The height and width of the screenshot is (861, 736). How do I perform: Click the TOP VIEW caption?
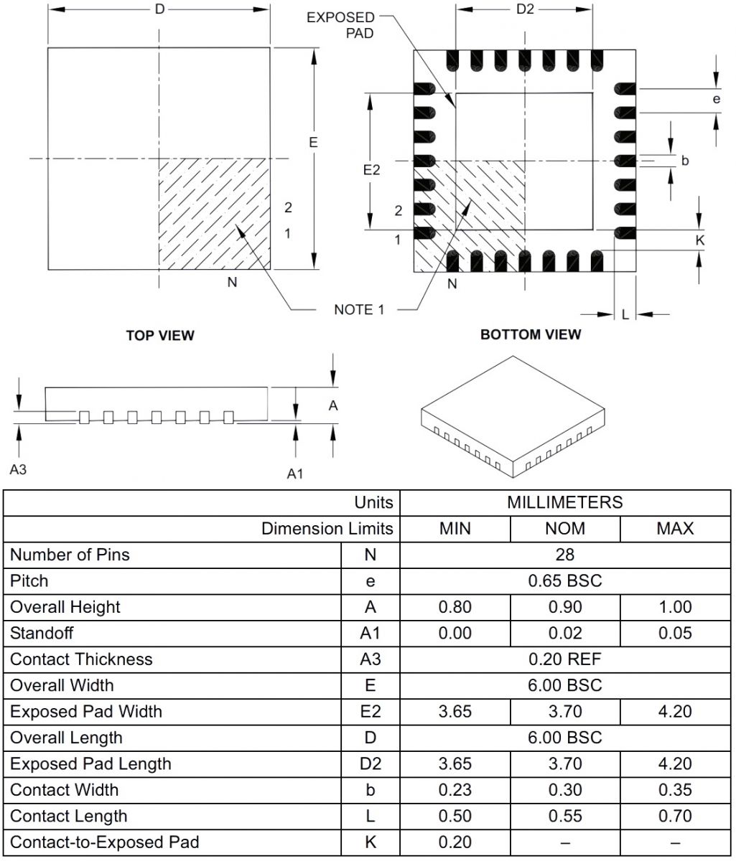[x=160, y=335]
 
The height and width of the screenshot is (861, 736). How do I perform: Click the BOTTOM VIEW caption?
[x=531, y=334]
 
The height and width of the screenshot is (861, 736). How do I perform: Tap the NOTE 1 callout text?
[x=359, y=309]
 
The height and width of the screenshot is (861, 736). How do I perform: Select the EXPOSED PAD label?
[x=340, y=25]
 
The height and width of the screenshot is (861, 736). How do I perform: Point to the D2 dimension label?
[x=526, y=9]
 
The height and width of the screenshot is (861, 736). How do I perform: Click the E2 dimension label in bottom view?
[x=371, y=170]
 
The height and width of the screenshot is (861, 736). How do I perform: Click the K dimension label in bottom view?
[x=700, y=240]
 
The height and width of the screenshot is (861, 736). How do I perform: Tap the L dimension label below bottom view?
[x=625, y=314]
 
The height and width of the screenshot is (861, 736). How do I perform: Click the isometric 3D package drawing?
[x=513, y=416]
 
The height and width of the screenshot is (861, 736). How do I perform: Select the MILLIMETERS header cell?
[x=565, y=502]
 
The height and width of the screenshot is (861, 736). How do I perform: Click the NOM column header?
[x=565, y=529]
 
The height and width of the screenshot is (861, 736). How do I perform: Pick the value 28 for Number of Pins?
[x=565, y=555]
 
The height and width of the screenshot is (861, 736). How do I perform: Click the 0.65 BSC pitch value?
[x=565, y=580]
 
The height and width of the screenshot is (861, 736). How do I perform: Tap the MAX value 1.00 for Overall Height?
[x=675, y=607]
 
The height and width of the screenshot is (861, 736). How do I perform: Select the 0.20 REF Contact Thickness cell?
[x=565, y=659]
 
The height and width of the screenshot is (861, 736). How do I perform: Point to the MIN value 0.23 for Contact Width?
[x=455, y=790]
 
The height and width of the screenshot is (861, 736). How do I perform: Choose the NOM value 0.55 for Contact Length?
[x=565, y=816]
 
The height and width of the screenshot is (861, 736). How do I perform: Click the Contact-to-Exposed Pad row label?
[x=105, y=842]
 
